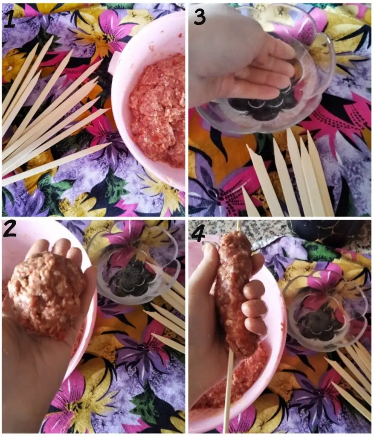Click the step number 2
click(10, 229)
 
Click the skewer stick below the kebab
click(228, 390)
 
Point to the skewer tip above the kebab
click(238, 226)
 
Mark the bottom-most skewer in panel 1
click(56, 164)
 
